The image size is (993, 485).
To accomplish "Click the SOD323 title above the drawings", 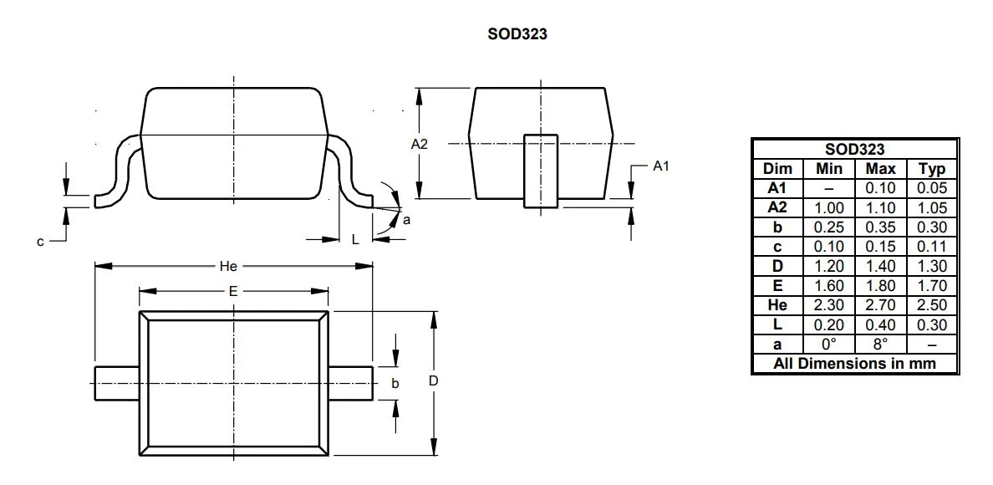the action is pos(517,34).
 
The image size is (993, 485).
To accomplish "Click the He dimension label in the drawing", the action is pos(228,267).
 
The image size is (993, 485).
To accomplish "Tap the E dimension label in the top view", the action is pos(233,291).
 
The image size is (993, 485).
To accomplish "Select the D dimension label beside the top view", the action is pos(434,381).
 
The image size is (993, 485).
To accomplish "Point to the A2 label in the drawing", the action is pos(420,144).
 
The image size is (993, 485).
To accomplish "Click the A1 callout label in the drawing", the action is pos(661,166).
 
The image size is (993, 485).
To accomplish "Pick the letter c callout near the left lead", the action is pos(40,241).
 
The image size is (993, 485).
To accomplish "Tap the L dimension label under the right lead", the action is pos(355,239).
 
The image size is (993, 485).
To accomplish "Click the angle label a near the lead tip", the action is pos(406,220).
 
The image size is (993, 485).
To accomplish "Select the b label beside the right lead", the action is pos(395,383).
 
